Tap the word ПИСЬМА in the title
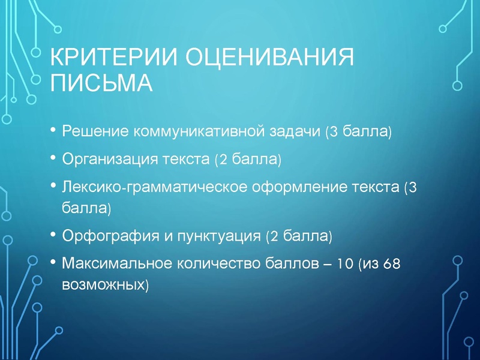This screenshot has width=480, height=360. coord(101,83)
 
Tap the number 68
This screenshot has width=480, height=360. coord(391,263)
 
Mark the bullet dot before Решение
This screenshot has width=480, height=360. coord(53,130)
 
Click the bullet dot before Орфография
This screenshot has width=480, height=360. coord(53,234)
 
